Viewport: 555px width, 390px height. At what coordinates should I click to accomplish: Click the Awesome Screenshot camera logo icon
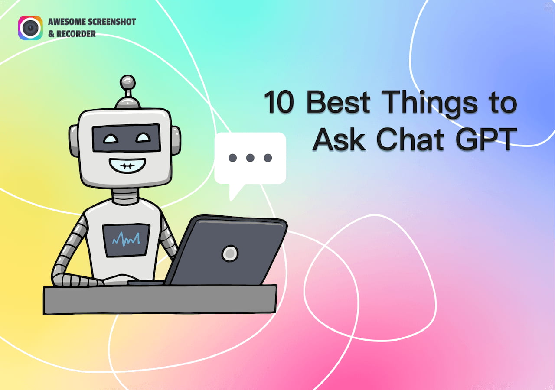pyautogui.click(x=30, y=28)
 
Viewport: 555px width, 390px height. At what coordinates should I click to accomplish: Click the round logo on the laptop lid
pyautogui.click(x=229, y=253)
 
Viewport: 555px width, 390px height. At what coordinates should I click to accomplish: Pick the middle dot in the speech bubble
pyautogui.click(x=250, y=158)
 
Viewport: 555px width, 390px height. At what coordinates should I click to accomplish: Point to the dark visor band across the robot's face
pyautogui.click(x=126, y=138)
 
